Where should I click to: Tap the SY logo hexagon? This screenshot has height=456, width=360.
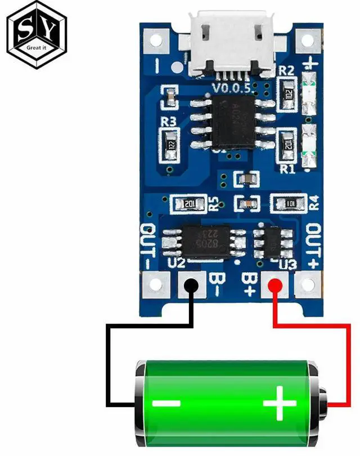click(x=37, y=35)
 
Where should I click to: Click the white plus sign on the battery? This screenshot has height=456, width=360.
click(x=280, y=403)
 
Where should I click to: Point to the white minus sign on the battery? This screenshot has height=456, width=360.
click(x=166, y=403)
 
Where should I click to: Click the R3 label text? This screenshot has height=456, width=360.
click(x=169, y=120)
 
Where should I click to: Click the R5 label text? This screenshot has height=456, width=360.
click(x=214, y=203)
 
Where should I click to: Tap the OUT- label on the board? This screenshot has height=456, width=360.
click(x=148, y=246)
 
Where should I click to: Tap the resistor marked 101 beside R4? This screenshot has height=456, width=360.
click(x=287, y=203)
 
